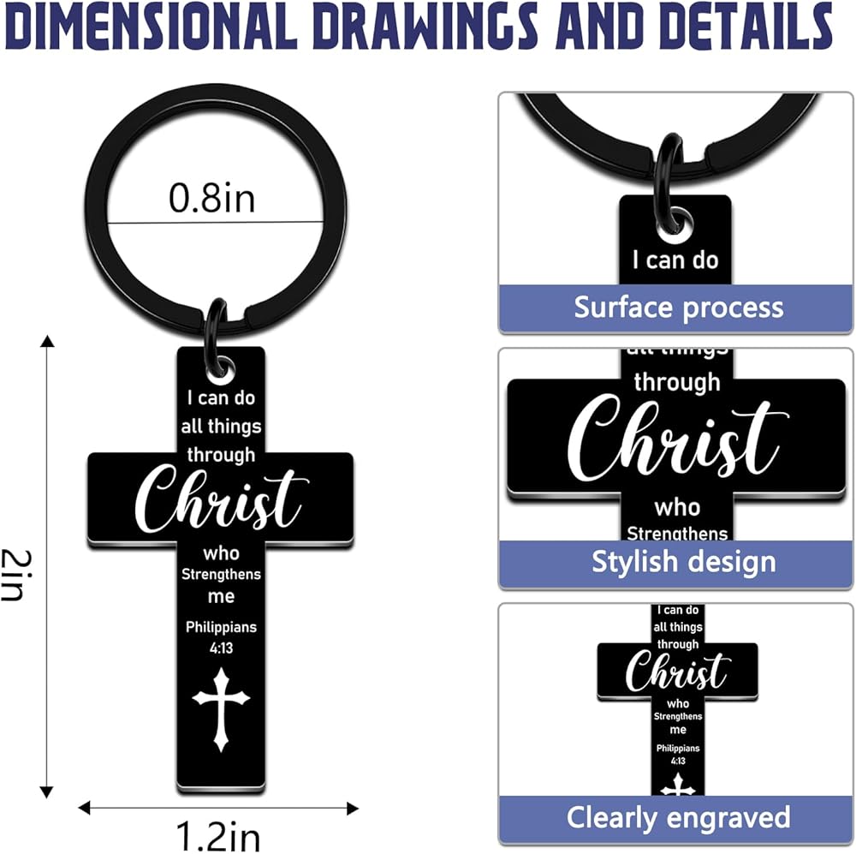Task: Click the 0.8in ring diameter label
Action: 211,199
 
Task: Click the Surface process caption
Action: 678,307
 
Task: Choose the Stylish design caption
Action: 683,562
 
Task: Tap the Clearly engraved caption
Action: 678,816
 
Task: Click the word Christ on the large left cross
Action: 221,500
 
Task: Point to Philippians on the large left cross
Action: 221,627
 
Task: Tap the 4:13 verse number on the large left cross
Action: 221,648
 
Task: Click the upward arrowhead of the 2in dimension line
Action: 48,342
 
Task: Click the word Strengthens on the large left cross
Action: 221,574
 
